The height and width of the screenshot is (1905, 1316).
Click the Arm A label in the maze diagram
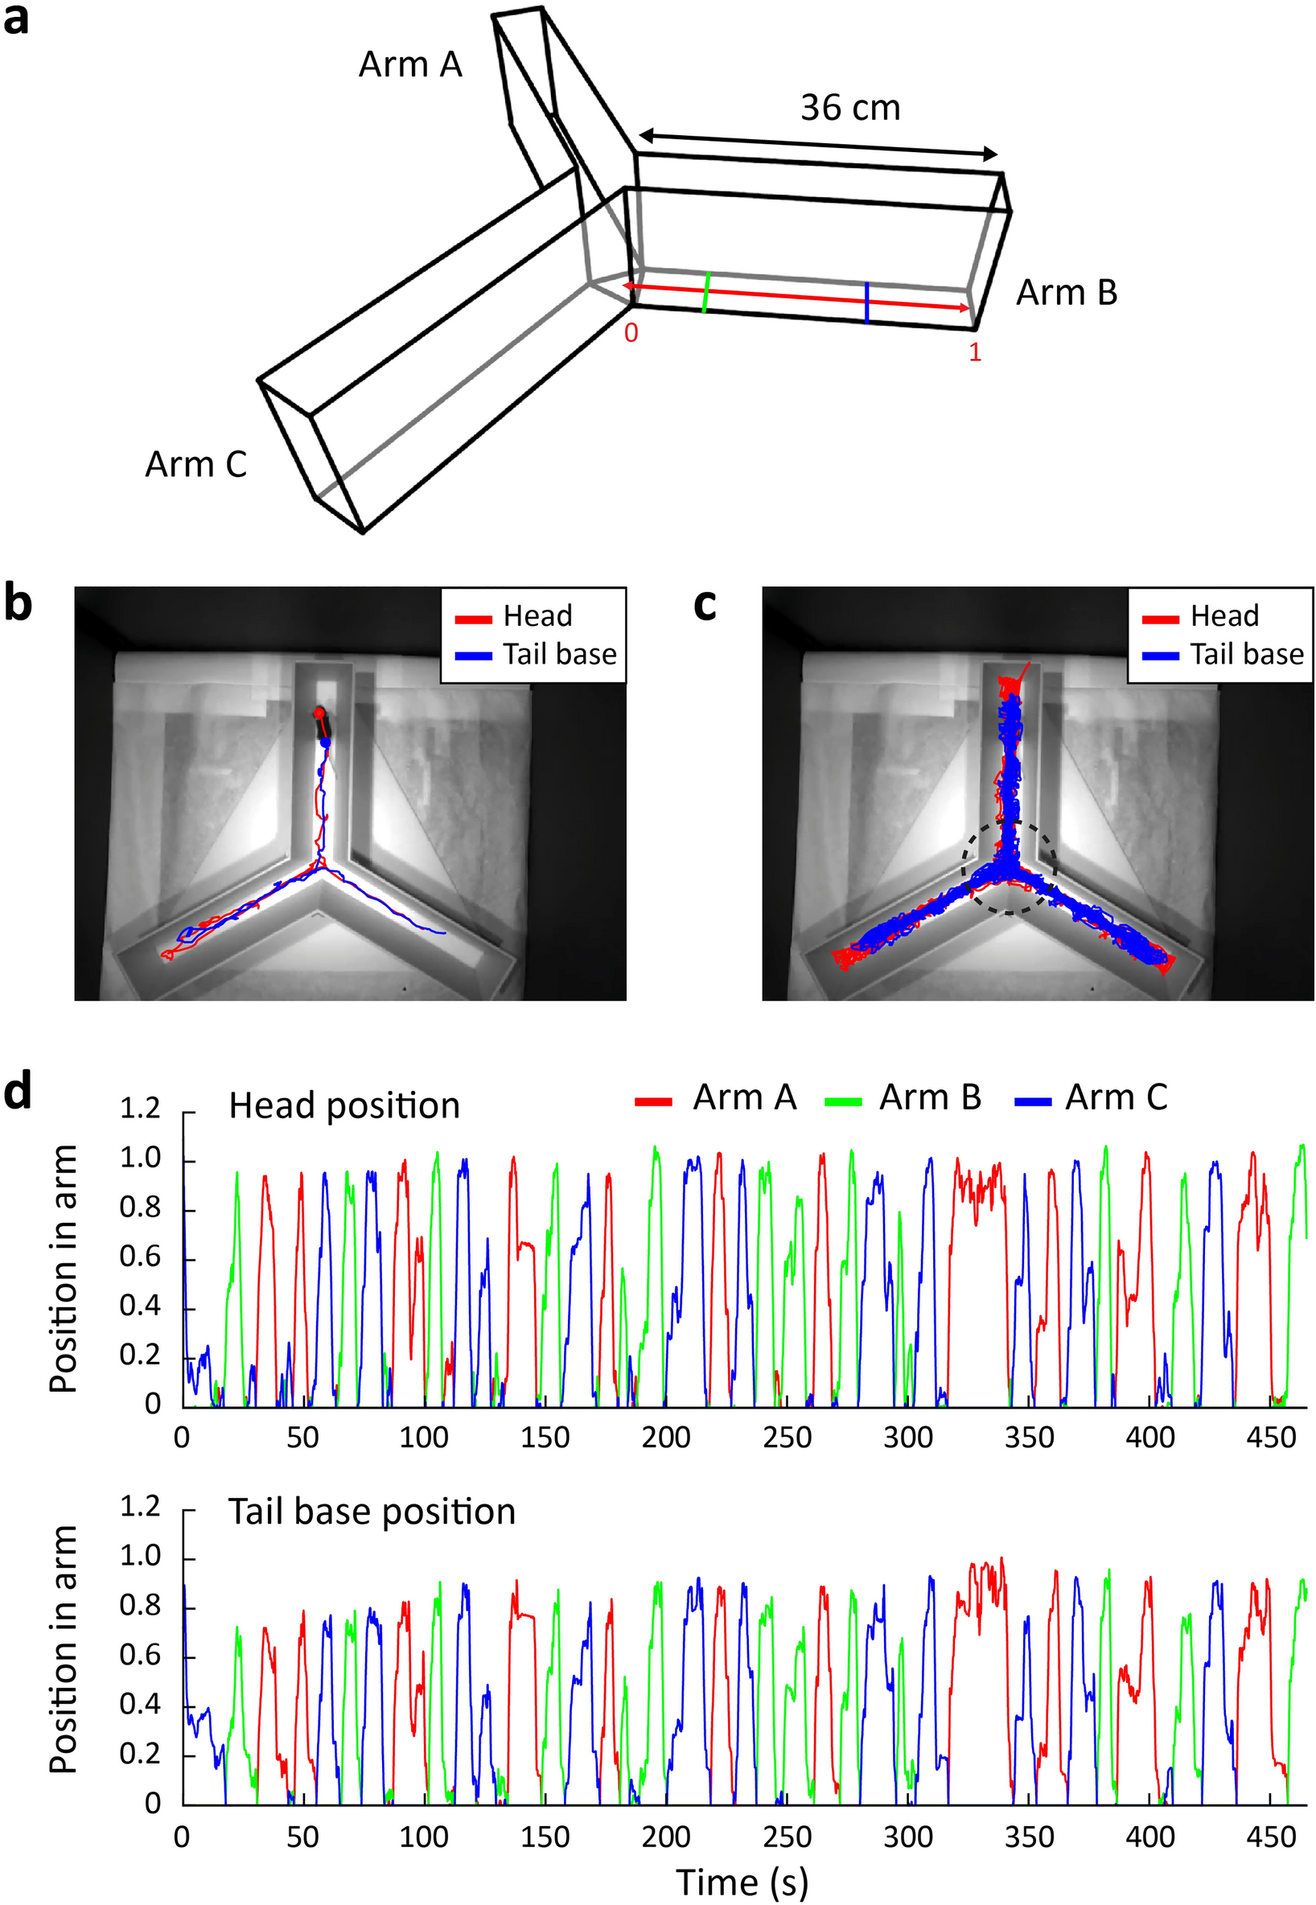pos(409,64)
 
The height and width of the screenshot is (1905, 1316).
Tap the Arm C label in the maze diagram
pos(195,464)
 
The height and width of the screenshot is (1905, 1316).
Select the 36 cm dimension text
pos(850,108)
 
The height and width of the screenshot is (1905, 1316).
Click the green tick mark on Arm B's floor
pos(705,292)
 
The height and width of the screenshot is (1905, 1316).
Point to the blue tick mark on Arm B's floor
pos(866,302)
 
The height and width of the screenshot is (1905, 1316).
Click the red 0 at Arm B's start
pos(631,333)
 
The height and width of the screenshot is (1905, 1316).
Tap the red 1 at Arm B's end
pos(975,352)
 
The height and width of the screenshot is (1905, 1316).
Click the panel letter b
pos(19,604)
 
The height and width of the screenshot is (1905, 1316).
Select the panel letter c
pos(705,604)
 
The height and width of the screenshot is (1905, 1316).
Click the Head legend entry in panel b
pos(537,616)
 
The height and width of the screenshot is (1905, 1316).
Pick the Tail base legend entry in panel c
pos(1246,654)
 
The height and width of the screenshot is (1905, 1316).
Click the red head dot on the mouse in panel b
pos(319,713)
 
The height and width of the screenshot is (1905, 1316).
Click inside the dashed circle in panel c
pos(1009,866)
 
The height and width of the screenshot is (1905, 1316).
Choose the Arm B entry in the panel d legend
pos(929,1097)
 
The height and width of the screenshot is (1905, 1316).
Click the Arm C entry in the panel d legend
pos(1116,1097)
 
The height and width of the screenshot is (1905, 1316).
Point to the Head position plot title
pos(343,1106)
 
